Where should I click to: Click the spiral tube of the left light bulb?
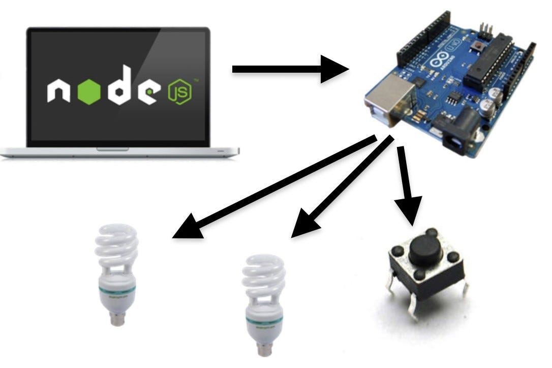pyautogui.click(x=116, y=246)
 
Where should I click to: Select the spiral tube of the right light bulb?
pyautogui.click(x=263, y=277)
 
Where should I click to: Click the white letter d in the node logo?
pyautogui.click(x=122, y=90)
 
